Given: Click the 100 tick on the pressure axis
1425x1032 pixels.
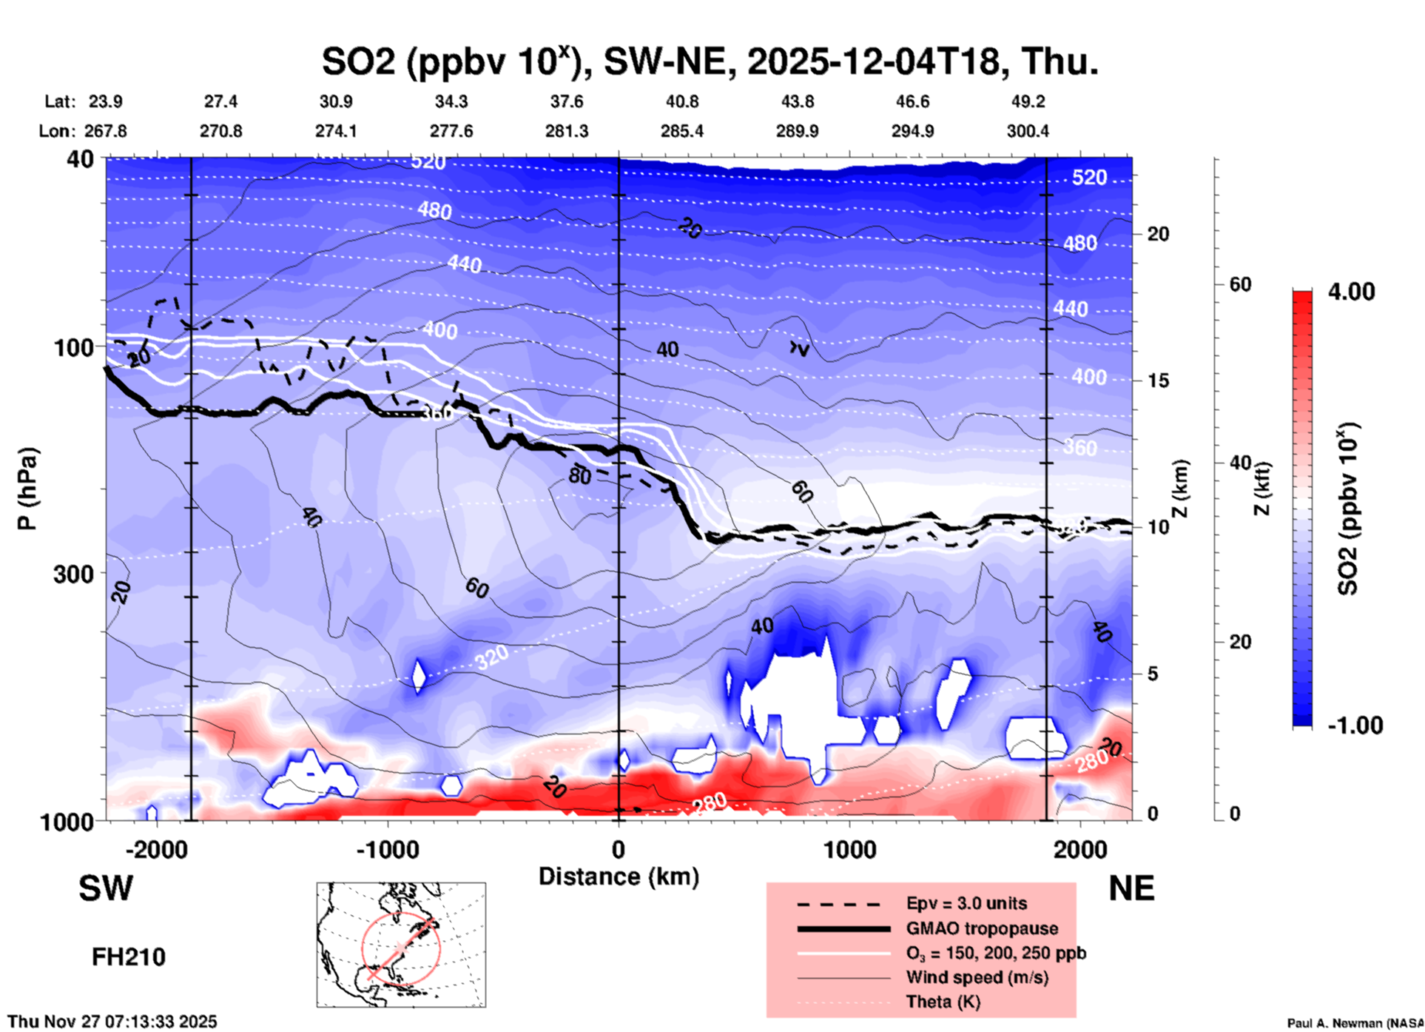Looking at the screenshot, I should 73,347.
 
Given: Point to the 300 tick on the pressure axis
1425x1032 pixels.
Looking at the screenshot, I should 73,574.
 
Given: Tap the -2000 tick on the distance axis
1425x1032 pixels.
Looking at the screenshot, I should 156,850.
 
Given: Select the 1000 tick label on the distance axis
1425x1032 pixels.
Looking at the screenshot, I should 849,850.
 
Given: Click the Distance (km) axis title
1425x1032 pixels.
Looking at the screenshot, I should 619,877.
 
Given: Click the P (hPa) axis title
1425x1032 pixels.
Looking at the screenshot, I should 27,489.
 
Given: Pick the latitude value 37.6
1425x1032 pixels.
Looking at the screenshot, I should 567,101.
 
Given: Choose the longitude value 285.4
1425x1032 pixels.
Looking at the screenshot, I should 682,131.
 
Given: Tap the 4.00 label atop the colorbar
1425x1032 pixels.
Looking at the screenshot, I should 1351,292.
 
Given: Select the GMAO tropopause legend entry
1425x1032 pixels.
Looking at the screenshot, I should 982,928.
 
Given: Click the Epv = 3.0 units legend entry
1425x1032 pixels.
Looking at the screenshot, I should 966,903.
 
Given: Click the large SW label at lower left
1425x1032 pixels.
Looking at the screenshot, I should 106,888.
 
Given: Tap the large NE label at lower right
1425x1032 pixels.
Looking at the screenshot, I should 1131,888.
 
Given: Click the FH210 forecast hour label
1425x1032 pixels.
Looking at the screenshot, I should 129,957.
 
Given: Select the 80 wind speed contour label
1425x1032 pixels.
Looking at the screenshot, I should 579,476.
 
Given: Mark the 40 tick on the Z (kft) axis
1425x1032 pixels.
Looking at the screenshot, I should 1239,463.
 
